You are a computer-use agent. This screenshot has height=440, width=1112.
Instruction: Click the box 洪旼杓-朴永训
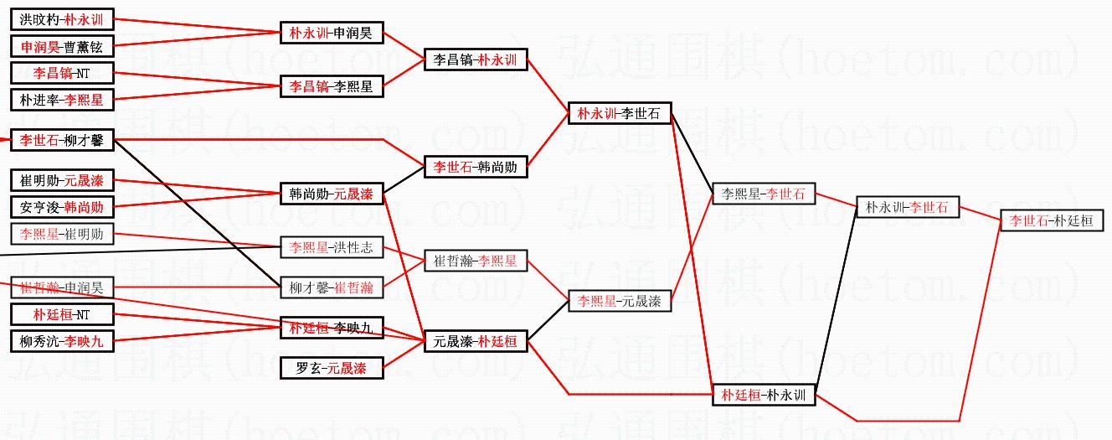(62, 18)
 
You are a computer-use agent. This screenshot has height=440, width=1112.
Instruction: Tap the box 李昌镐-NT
(62, 73)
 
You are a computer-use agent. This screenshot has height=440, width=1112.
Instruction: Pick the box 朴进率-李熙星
(62, 100)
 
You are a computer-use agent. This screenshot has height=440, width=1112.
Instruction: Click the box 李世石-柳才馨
(62, 140)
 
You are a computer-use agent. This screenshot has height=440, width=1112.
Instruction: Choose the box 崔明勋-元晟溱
(62, 180)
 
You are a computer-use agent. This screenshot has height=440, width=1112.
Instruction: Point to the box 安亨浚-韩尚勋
(62, 207)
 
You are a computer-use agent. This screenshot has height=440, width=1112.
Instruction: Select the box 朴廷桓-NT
(62, 315)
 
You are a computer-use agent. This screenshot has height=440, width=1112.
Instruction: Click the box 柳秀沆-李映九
(62, 342)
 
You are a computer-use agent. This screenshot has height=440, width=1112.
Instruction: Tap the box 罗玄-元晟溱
(331, 368)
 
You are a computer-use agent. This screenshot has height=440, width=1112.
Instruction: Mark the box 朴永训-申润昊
(331, 34)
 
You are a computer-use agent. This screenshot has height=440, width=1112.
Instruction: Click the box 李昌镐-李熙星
(331, 86)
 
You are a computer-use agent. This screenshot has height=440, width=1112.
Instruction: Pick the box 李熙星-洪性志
(331, 248)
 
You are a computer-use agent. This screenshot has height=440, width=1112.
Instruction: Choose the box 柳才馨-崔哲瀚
(331, 288)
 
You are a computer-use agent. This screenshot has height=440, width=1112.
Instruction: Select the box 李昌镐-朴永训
(475, 60)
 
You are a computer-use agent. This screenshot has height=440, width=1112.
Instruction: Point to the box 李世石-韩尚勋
(475, 167)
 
